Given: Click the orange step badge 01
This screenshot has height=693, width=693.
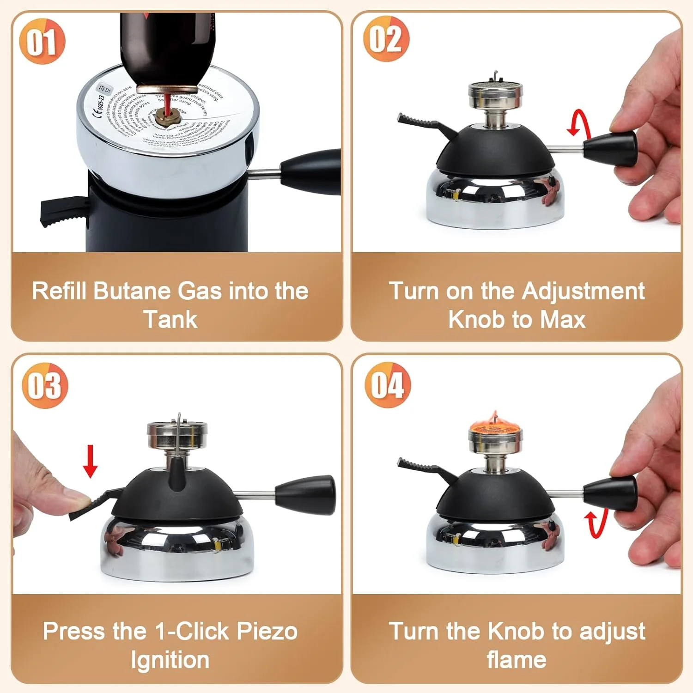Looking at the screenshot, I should [42, 41].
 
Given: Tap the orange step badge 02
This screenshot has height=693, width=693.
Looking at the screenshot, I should [386, 39].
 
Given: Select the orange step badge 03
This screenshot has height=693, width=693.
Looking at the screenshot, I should [45, 385].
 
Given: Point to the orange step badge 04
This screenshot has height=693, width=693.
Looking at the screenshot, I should [388, 385].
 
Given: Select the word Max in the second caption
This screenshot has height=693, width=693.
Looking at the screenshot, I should [562, 320].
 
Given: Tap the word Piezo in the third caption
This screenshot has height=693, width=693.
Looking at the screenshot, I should [267, 631].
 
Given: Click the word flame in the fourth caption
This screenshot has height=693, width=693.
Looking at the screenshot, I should [516, 660].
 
